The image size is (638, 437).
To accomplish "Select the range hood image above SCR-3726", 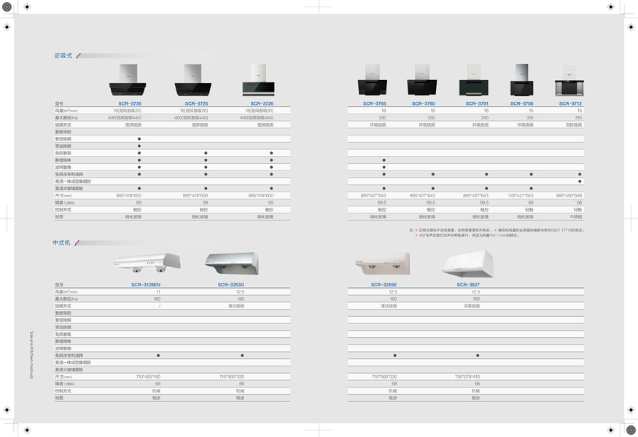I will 257,80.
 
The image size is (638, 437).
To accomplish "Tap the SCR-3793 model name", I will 375,103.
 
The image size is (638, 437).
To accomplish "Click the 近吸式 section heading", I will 63,55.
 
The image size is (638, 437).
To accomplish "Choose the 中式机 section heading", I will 62,243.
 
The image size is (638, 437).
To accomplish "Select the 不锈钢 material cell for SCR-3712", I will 576,216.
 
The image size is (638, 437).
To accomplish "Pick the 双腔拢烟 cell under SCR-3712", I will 574,125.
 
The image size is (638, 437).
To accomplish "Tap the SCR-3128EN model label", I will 146,285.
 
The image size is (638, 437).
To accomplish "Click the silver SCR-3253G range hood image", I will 231,264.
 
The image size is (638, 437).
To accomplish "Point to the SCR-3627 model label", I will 467,285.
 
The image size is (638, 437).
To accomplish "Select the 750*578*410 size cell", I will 467,377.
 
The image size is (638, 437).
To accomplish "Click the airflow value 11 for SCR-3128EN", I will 158,292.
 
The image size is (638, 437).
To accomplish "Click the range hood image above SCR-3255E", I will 382,264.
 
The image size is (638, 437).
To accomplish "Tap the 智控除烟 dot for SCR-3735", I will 139,138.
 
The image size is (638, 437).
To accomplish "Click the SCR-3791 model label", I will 477,103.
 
